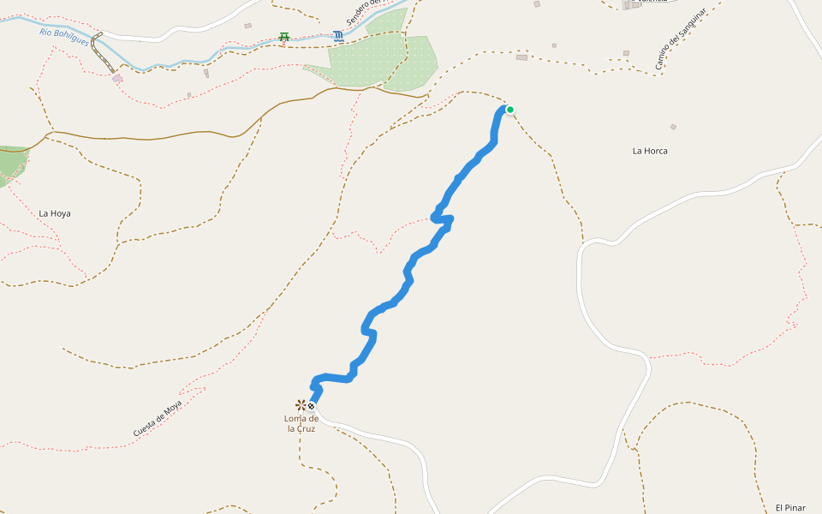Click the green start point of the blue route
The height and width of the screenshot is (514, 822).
[x=510, y=110]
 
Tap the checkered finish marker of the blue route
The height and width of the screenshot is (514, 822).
[x=311, y=406]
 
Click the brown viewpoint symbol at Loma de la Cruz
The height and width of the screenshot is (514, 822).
[x=301, y=404]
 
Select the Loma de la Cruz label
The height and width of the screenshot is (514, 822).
[x=301, y=423]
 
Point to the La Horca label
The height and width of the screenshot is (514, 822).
[x=650, y=151]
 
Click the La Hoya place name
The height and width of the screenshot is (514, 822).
[x=55, y=212]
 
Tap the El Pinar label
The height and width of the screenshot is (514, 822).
[x=790, y=507]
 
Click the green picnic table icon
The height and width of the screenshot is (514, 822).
[x=283, y=37]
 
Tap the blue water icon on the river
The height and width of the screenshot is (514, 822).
[x=340, y=36]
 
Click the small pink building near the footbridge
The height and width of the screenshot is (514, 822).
[x=117, y=78]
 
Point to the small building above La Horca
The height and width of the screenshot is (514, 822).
[x=673, y=127]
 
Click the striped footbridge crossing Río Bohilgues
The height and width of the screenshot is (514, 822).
[x=104, y=52]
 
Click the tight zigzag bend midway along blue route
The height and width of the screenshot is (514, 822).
[x=443, y=220]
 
